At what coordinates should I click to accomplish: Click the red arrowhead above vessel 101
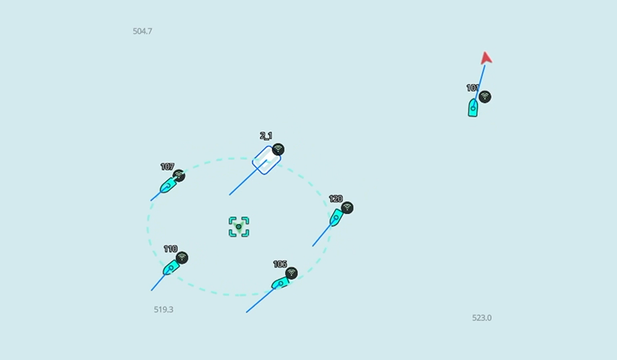(485, 58)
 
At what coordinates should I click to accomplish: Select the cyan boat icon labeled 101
(473, 108)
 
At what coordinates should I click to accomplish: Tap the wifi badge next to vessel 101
(485, 97)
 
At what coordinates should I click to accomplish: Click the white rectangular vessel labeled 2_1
(265, 161)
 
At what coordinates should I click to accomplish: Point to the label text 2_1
(266, 136)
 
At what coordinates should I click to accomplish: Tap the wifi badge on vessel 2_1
(278, 150)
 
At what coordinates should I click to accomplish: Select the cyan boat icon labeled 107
(167, 185)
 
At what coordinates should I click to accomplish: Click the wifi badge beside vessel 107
(179, 176)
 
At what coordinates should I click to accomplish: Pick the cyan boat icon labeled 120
(336, 218)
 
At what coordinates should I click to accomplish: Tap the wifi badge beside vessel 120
(347, 208)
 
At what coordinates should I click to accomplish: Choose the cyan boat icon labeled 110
(170, 268)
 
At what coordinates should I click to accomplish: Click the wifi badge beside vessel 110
(181, 258)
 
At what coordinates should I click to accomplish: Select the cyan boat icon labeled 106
(281, 284)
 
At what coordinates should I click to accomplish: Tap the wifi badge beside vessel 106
(291, 274)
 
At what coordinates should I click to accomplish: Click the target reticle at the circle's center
(239, 227)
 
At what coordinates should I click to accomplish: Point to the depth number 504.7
(142, 31)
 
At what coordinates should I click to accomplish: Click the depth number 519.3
(164, 310)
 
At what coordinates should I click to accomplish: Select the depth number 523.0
(482, 318)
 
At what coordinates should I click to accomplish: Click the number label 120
(336, 199)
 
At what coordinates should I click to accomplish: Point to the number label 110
(170, 249)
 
